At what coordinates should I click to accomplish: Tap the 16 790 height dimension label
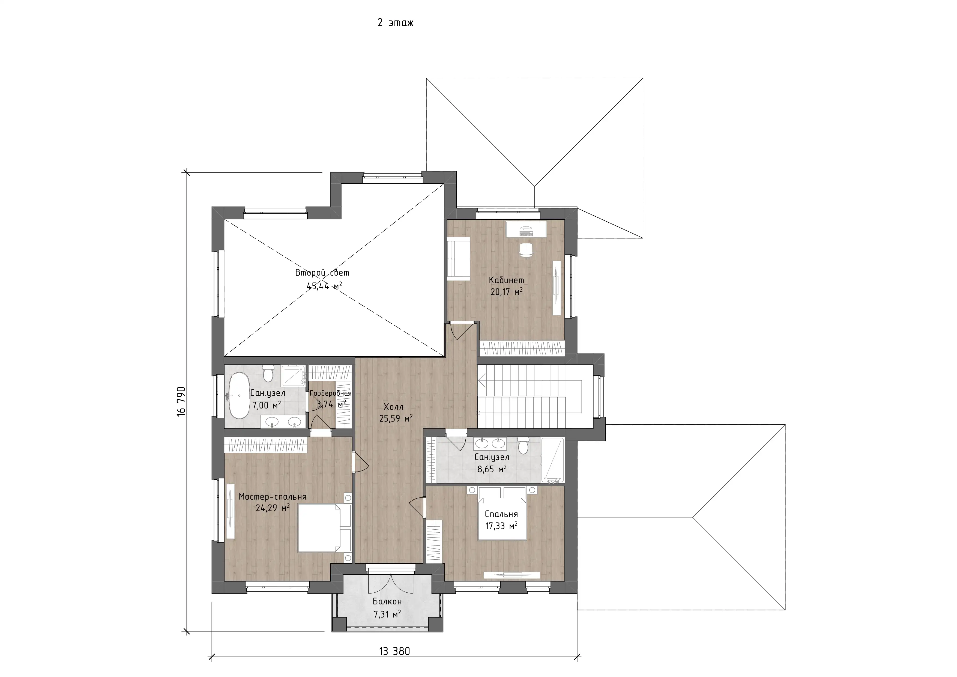tap(181, 401)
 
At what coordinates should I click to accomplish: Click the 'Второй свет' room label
tap(322, 273)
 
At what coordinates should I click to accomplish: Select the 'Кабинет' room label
tap(506, 280)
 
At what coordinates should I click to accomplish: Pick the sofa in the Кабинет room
tap(459, 258)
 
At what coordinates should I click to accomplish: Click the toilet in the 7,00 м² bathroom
tap(268, 374)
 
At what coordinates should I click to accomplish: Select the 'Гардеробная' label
tap(331, 393)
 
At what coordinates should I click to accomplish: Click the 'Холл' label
tap(393, 407)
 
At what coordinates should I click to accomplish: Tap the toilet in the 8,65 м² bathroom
tap(523, 446)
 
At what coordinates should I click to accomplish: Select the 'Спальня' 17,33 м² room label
tap(501, 514)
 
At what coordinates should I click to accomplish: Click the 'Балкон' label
tap(387, 601)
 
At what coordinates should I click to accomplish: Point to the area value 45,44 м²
tap(324, 286)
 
